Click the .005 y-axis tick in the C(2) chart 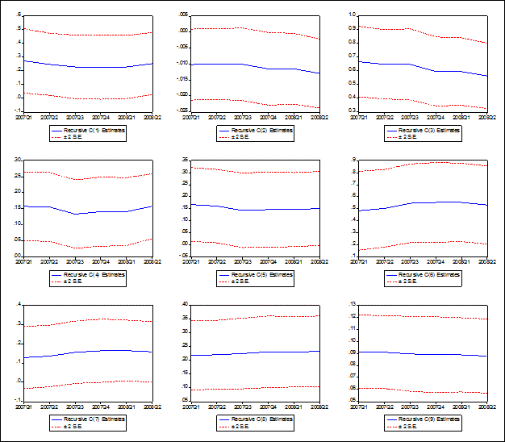(183, 15)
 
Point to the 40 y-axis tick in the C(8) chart (185, 304)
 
